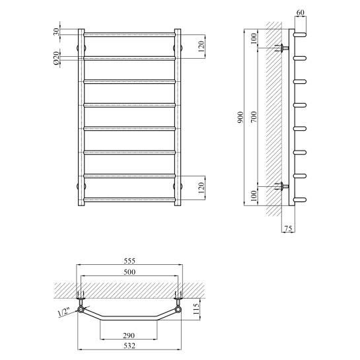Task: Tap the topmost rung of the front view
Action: click(x=129, y=33)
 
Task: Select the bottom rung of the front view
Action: click(x=129, y=199)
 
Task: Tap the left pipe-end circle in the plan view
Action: click(x=81, y=309)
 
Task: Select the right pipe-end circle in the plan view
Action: click(x=178, y=309)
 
